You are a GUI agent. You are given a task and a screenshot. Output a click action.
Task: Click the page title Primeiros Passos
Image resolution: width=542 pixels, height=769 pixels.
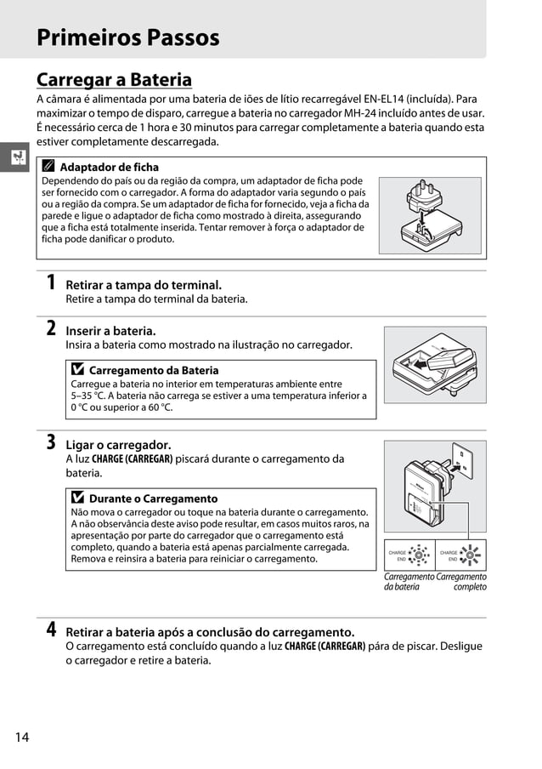pos(127,37)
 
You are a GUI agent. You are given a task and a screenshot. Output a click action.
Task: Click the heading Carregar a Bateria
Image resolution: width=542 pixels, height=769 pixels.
pos(114,80)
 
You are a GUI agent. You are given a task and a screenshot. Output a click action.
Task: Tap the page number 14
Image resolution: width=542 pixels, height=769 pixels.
pos(21,737)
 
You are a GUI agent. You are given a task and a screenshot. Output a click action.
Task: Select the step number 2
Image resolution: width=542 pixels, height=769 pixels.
pos(51,328)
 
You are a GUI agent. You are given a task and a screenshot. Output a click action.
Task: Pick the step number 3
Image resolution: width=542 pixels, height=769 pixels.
pos(51,442)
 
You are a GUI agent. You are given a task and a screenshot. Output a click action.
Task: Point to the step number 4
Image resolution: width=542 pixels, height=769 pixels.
pos(51,629)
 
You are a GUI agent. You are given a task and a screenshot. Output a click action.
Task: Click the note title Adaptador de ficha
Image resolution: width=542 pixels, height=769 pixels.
pos(109,168)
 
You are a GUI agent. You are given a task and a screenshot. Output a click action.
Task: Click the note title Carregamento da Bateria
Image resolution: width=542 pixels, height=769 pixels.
pos(153,371)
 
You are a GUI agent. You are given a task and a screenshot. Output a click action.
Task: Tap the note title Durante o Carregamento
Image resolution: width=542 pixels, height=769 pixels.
pos(153,498)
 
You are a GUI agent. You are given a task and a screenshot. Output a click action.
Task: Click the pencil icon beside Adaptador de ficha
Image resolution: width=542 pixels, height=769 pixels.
pos(48,168)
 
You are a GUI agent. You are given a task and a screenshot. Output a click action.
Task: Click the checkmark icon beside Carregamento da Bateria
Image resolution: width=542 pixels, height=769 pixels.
pos(78,371)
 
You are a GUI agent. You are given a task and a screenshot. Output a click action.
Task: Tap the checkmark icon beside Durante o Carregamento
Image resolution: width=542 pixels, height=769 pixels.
pos(78,498)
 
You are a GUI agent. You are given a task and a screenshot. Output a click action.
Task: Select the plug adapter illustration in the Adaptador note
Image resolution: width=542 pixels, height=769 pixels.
pos(430,215)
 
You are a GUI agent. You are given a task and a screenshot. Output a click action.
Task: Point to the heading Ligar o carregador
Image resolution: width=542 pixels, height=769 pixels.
pos(118,445)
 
